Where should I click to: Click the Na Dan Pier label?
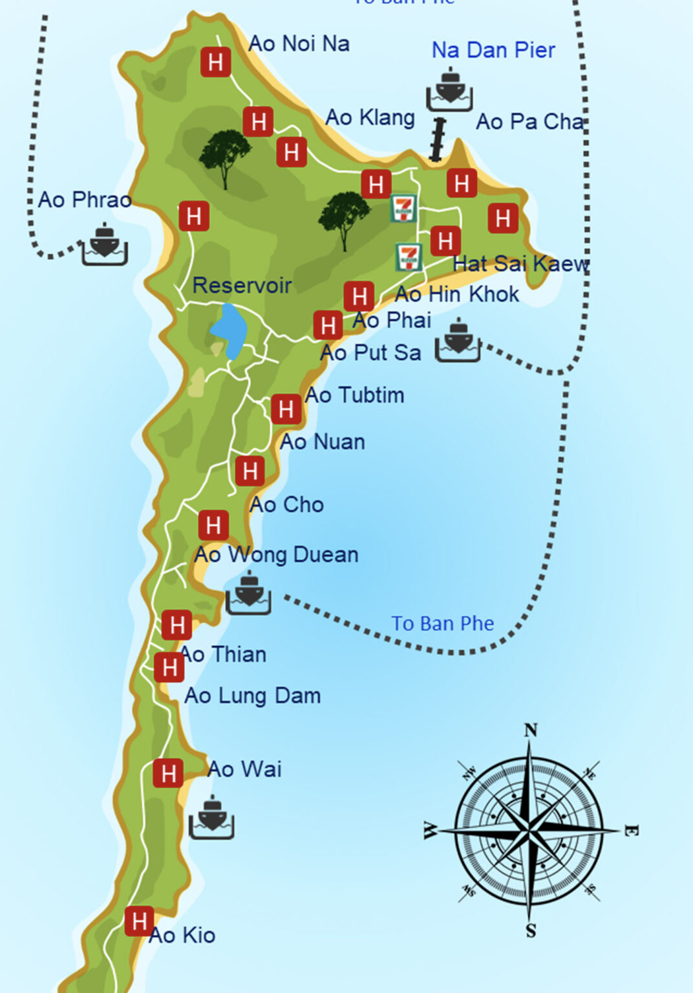(493, 50)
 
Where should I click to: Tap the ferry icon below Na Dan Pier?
(449, 90)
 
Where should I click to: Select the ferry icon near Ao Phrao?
(104, 244)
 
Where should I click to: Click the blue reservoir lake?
(229, 330)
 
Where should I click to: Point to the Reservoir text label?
(242, 285)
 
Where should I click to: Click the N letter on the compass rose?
(530, 731)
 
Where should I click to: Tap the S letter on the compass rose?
(531, 931)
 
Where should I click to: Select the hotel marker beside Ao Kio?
(139, 921)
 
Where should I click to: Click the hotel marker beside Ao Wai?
(168, 773)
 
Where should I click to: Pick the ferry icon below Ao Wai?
(211, 818)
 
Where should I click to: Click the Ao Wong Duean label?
(276, 555)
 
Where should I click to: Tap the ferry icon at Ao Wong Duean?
(248, 593)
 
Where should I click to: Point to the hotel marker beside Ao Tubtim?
(286, 409)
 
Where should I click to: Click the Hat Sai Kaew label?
(520, 264)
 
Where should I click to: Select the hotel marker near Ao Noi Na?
(215, 62)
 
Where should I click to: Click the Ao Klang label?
(370, 118)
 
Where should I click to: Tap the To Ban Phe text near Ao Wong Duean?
(442, 623)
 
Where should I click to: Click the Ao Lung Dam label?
(252, 696)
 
